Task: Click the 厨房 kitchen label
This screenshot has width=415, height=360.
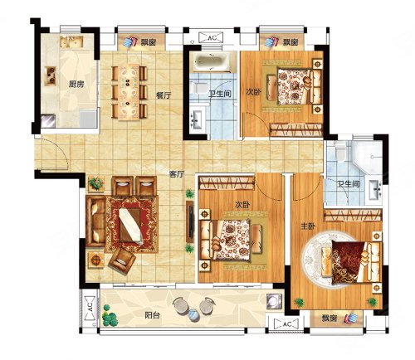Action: tap(76, 84)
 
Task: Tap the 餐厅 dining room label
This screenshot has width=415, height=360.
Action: tap(164, 95)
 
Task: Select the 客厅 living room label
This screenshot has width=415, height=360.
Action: tap(177, 174)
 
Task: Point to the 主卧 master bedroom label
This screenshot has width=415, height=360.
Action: tap(308, 226)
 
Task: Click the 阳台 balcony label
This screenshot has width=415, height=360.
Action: tap(152, 315)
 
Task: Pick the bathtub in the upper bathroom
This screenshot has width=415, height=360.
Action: tap(211, 62)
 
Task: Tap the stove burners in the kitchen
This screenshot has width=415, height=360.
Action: tap(51, 76)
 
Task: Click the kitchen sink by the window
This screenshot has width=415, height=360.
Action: tap(71, 41)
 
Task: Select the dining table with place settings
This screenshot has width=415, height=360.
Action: tap(129, 92)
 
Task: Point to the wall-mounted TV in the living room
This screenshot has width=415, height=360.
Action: tap(190, 221)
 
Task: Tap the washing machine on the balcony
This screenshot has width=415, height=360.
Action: tap(275, 301)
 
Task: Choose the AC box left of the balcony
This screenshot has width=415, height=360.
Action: tap(90, 307)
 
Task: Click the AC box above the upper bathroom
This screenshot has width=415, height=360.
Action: tap(212, 38)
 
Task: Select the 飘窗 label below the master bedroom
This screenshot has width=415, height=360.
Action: tap(330, 319)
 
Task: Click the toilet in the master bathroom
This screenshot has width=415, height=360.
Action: tap(340, 152)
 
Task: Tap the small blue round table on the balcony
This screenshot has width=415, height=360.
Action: tap(193, 315)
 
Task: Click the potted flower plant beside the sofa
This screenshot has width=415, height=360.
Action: tap(96, 183)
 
